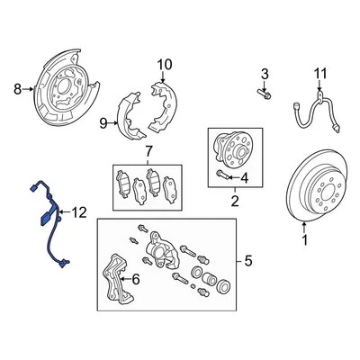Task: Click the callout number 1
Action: pyautogui.click(x=304, y=241)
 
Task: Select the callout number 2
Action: pyautogui.click(x=234, y=203)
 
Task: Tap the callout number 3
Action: pyautogui.click(x=265, y=73)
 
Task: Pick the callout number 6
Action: pyautogui.click(x=137, y=281)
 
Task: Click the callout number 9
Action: pyautogui.click(x=103, y=123)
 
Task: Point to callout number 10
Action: pyautogui.click(x=164, y=65)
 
